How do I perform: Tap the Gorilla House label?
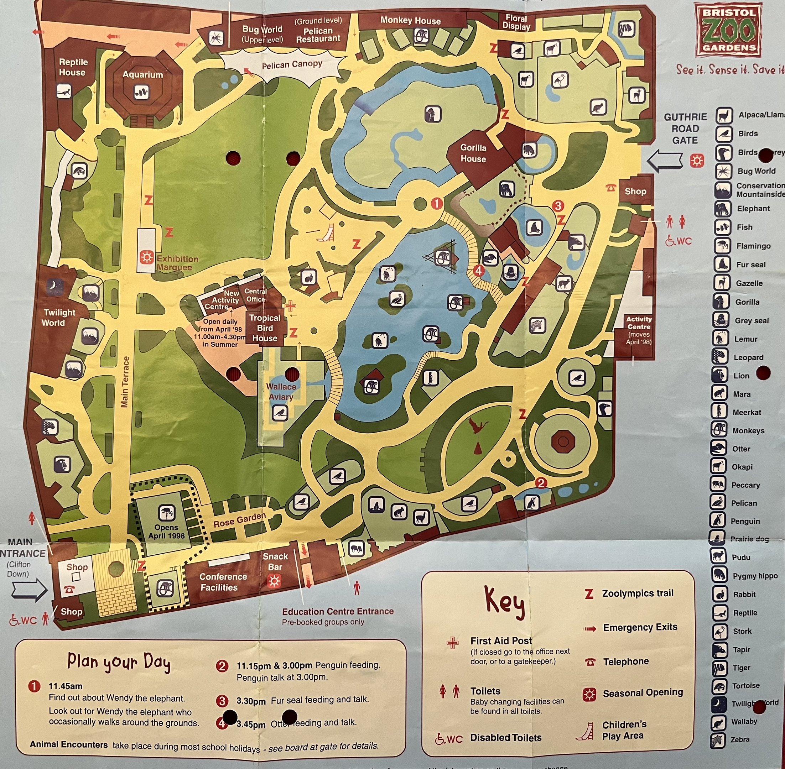(x=473, y=153)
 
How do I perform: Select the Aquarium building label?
(x=142, y=75)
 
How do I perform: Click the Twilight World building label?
(x=59, y=318)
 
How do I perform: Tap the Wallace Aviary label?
(x=281, y=392)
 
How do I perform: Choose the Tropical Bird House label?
(x=265, y=328)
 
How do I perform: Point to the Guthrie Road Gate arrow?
(x=664, y=161)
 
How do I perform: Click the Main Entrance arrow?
(x=30, y=590)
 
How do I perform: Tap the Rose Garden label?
(x=240, y=520)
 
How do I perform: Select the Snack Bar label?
(x=275, y=561)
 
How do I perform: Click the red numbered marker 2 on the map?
(x=541, y=483)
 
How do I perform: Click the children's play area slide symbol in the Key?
(x=585, y=730)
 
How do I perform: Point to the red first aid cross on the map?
(x=290, y=306)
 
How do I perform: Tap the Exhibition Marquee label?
(x=177, y=263)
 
